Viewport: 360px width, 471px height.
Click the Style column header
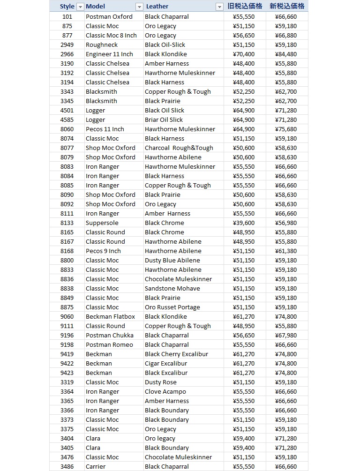click(67, 7)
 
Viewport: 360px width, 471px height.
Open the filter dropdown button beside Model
click(139, 7)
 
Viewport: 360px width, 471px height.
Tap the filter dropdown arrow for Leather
click(219, 7)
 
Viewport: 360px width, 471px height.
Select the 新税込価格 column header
click(287, 6)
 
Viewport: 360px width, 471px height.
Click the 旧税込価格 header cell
click(244, 6)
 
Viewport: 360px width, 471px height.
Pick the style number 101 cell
click(67, 16)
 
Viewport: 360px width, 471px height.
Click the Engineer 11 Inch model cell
click(109, 54)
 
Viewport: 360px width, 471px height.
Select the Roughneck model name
click(102, 45)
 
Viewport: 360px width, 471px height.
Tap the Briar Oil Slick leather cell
click(164, 120)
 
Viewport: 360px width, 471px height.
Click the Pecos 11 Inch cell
click(105, 129)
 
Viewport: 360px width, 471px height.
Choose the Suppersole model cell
click(102, 223)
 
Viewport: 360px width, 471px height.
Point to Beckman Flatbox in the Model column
click(110, 316)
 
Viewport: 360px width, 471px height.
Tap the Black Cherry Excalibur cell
click(176, 354)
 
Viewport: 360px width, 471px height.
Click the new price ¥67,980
click(286, 335)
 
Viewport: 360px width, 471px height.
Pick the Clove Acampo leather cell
click(165, 391)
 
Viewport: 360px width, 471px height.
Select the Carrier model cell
click(96, 466)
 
